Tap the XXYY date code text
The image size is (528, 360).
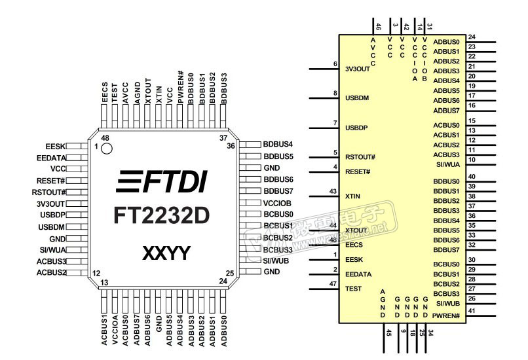pyautogui.click(x=166, y=253)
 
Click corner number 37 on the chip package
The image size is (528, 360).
pyautogui.click(x=223, y=139)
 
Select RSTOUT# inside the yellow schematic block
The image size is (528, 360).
pyautogui.click(x=360, y=157)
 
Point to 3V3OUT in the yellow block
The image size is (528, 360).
pyautogui.click(x=357, y=68)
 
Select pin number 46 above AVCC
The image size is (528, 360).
pyautogui.click(x=379, y=27)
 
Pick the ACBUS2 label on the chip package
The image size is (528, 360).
pyautogui.click(x=52, y=272)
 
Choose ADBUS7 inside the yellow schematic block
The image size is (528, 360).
pyautogui.click(x=447, y=111)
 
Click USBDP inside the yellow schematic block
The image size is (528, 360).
pyautogui.click(x=356, y=127)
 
